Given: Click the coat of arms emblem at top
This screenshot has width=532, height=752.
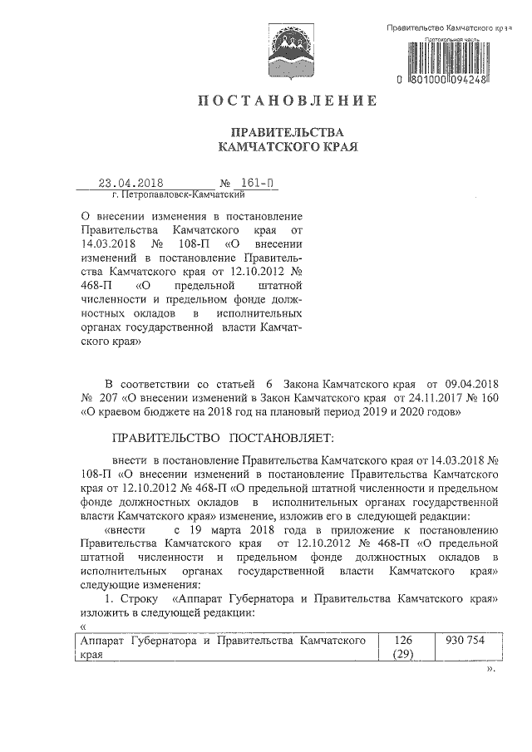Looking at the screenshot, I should tap(287, 50).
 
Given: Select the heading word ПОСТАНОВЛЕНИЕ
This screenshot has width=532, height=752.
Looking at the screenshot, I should tap(287, 101).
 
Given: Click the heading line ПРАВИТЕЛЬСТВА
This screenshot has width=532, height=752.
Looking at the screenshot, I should tap(287, 132).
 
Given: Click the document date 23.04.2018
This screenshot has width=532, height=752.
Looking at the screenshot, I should tap(130, 184).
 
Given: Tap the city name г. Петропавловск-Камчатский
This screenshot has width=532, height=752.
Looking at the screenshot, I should tap(177, 196).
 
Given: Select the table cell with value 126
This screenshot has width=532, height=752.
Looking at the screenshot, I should tap(403, 641).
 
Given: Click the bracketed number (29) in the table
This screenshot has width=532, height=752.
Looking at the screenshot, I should tap(403, 655).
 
